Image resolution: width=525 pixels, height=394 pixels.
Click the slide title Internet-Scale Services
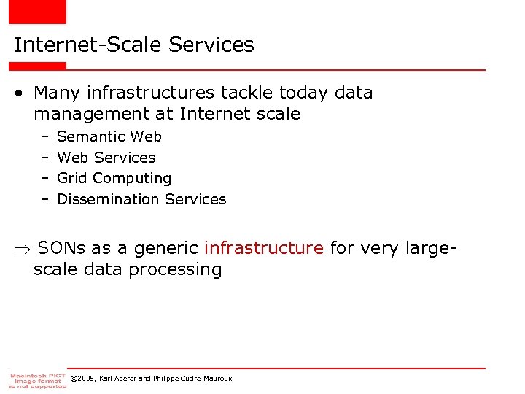(134, 45)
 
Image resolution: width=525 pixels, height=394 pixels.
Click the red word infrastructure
(264, 248)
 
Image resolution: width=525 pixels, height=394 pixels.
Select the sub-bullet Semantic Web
(109, 136)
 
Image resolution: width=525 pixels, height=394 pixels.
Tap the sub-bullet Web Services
(106, 158)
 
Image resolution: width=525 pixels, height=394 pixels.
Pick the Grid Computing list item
(114, 178)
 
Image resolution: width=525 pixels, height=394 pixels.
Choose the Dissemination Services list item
(141, 199)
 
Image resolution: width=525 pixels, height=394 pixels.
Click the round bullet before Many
(21, 93)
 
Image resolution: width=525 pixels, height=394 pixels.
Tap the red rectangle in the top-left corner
(37, 12)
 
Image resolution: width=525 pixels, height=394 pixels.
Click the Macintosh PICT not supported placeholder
(37, 379)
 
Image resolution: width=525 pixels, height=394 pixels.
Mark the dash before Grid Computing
(44, 178)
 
